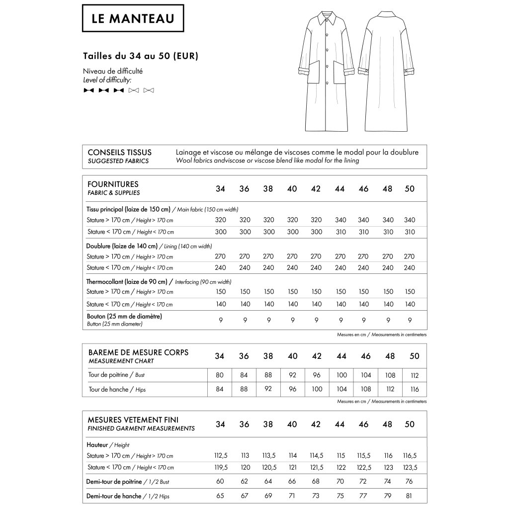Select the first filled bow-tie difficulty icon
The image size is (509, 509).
tap(88, 90)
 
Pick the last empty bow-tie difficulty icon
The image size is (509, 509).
tap(149, 90)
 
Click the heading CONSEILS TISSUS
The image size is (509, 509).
tap(119, 153)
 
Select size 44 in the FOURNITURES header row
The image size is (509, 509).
tap(340, 189)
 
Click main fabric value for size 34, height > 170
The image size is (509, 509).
tap(221, 220)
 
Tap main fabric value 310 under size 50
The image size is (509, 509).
tap(410, 232)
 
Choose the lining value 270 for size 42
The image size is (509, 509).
tap(316, 256)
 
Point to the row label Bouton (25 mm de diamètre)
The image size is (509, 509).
tap(124, 316)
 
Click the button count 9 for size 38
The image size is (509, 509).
tap(268, 320)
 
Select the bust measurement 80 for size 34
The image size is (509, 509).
tap(220, 375)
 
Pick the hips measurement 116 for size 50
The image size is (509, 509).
tap(415, 389)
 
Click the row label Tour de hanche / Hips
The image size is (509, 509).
tap(116, 389)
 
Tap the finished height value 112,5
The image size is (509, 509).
tap(220, 455)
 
